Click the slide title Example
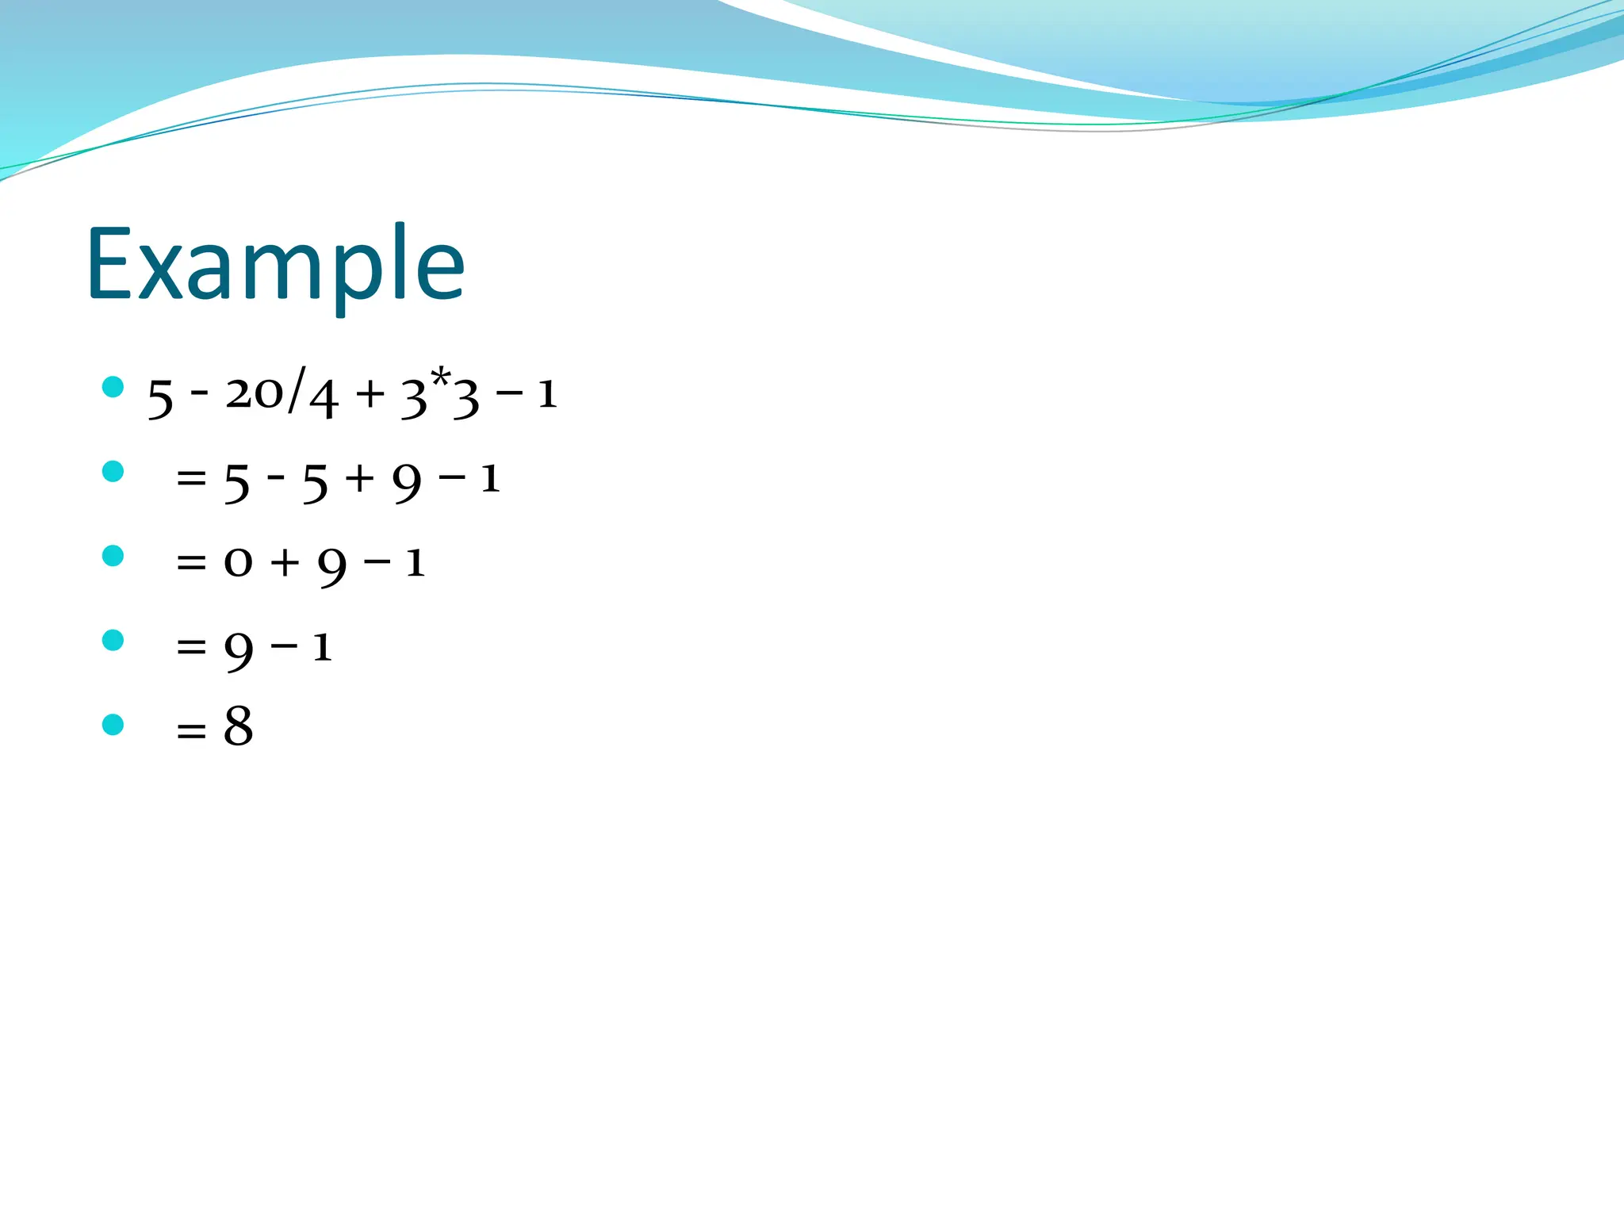click(275, 266)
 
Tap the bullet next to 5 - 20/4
click(113, 387)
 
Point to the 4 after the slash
click(324, 398)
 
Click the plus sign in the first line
click(370, 394)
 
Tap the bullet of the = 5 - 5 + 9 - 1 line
click(113, 472)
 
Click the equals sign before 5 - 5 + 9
click(191, 479)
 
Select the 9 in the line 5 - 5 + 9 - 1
click(408, 482)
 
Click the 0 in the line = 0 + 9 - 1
click(238, 563)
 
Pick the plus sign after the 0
click(285, 563)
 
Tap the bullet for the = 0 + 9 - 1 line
click(113, 556)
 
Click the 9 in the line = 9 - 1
click(239, 651)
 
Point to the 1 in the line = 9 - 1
click(321, 647)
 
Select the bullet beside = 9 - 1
click(113, 640)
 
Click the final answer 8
click(238, 726)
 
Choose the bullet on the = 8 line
click(113, 724)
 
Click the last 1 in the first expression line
click(547, 394)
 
